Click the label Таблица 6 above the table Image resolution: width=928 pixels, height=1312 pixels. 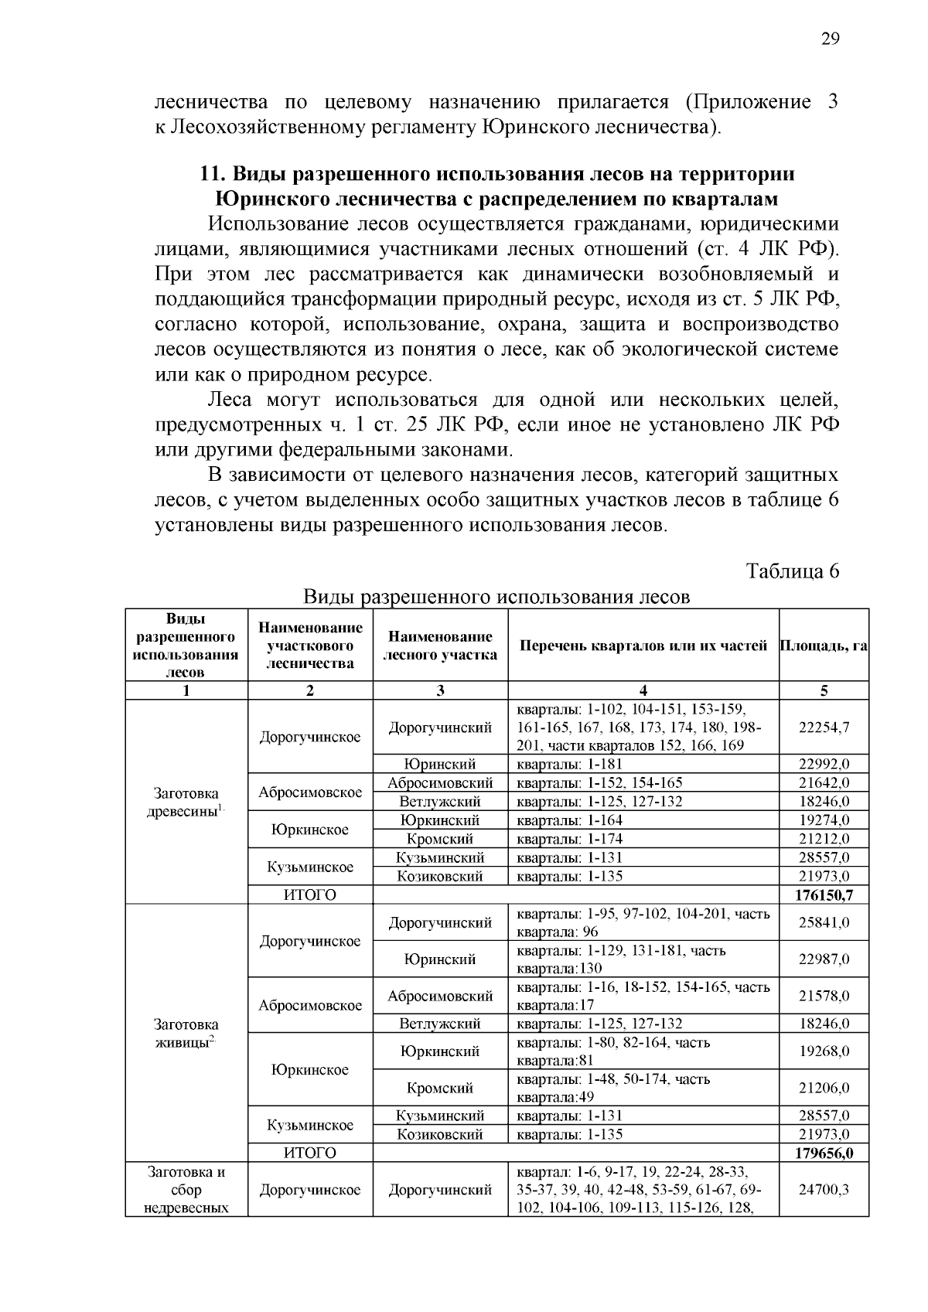click(792, 571)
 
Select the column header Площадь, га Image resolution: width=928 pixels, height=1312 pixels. click(824, 646)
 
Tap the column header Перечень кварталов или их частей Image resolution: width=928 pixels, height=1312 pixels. click(643, 646)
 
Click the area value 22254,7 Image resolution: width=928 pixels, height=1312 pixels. click(824, 728)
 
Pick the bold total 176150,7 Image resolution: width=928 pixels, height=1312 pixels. click(824, 895)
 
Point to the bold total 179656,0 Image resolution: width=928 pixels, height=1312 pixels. click(824, 1154)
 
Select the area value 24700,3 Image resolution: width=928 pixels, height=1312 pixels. click(824, 1190)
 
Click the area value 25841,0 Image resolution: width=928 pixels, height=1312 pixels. click(824, 922)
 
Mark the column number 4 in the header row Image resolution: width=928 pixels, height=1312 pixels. click(643, 691)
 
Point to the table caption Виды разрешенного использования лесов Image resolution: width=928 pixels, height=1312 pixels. click(496, 597)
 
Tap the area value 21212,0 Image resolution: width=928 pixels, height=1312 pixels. click(824, 839)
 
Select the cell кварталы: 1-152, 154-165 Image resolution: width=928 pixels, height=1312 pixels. click(599, 783)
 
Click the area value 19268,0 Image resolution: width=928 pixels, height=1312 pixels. click(824, 1051)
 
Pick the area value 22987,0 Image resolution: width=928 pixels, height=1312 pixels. click(824, 959)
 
